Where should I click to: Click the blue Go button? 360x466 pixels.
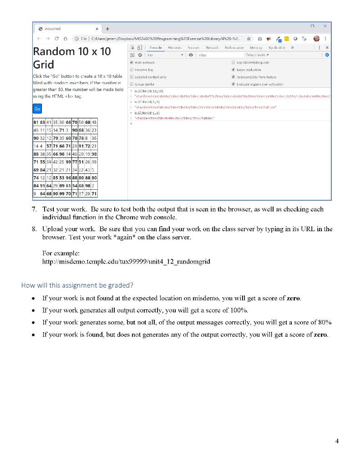pyautogui.click(x=37, y=109)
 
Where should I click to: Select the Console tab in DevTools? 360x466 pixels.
pyautogui.click(x=156, y=47)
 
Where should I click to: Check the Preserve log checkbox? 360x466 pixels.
pyautogui.click(x=132, y=70)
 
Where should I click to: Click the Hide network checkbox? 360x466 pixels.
pyautogui.click(x=132, y=62)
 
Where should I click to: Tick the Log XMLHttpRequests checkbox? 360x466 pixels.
pyautogui.click(x=233, y=62)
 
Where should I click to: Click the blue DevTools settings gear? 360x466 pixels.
pyautogui.click(x=325, y=55)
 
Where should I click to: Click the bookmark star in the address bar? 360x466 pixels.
pyautogui.click(x=248, y=39)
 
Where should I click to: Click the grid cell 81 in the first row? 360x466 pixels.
pyautogui.click(x=36, y=122)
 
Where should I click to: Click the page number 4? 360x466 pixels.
pyautogui.click(x=337, y=441)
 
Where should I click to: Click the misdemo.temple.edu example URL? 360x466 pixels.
pyautogui.click(x=126, y=262)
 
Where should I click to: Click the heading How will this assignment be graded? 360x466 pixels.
pyautogui.click(x=77, y=285)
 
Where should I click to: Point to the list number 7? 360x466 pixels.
pyautogui.click(x=34, y=209)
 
